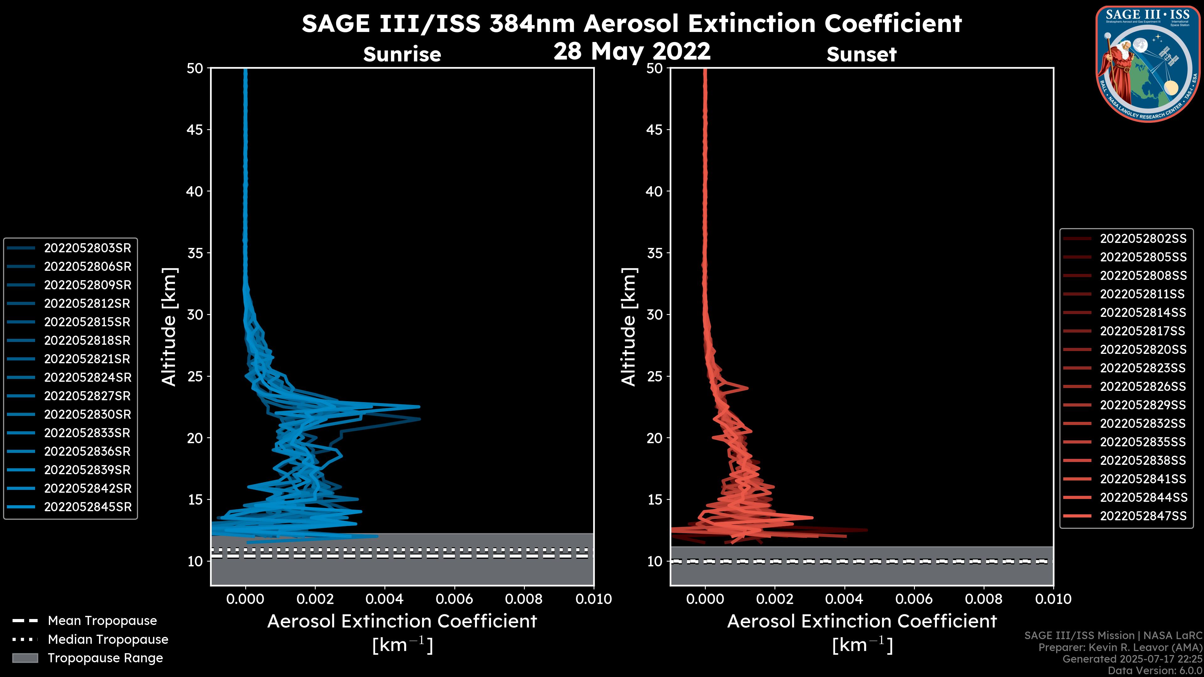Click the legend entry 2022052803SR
coord(87,248)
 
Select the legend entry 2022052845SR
coord(87,507)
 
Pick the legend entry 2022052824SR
coord(87,377)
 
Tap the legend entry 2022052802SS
coord(1143,239)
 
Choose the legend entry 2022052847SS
coord(1143,516)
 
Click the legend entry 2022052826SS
coord(1143,386)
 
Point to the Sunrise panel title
coord(402,55)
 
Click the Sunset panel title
coord(861,55)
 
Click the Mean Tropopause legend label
coord(102,621)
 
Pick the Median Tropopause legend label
coord(108,640)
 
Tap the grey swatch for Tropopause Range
coord(25,658)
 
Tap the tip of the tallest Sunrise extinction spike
coord(419,407)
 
